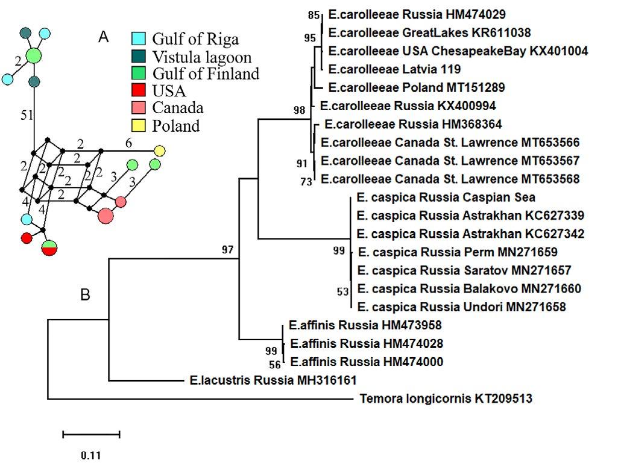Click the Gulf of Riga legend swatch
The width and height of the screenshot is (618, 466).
click(x=139, y=39)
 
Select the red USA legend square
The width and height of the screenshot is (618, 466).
click(x=139, y=92)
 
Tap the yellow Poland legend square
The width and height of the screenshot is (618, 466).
click(x=139, y=126)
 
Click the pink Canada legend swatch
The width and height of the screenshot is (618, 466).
click(x=139, y=109)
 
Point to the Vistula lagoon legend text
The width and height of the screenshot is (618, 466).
click(x=201, y=57)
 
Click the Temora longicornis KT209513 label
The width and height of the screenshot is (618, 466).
click(x=446, y=399)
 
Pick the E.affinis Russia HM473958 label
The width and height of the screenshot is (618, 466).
click(x=365, y=326)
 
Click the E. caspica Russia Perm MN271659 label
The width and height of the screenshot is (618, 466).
click(x=458, y=252)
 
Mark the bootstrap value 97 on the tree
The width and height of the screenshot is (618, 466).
click(x=227, y=249)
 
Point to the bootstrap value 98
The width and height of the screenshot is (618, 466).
click(x=298, y=110)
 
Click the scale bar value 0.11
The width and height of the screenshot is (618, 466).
click(x=91, y=455)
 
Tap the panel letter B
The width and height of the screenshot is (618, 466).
click(x=86, y=295)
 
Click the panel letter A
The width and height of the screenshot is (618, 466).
click(x=104, y=37)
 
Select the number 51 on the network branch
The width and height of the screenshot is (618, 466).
click(x=27, y=116)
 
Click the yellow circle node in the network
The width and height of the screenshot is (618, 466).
click(x=159, y=151)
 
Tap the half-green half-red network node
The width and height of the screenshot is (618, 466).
click(x=49, y=247)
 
